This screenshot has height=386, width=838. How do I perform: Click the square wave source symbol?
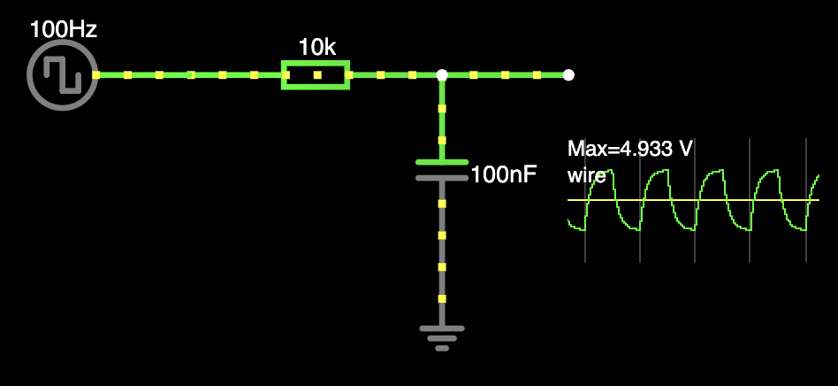[x=62, y=74]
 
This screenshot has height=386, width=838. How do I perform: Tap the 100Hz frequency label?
[x=63, y=28]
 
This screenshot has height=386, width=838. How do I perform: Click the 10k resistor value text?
[x=316, y=48]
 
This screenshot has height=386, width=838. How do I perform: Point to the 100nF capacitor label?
[x=504, y=174]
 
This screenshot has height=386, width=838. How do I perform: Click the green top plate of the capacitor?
[x=441, y=162]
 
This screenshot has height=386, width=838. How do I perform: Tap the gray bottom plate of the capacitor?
[x=441, y=178]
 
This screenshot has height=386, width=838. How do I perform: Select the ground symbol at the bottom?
[x=441, y=336]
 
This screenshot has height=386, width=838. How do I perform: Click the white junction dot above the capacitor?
[x=442, y=75]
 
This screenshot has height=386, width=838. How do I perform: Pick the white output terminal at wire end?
[x=568, y=75]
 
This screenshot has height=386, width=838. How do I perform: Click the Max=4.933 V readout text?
[x=629, y=149]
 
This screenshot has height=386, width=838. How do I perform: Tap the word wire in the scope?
[x=586, y=174]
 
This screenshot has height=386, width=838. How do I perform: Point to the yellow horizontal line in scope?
[x=689, y=200]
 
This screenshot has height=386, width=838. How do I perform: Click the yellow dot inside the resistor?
[x=316, y=75]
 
